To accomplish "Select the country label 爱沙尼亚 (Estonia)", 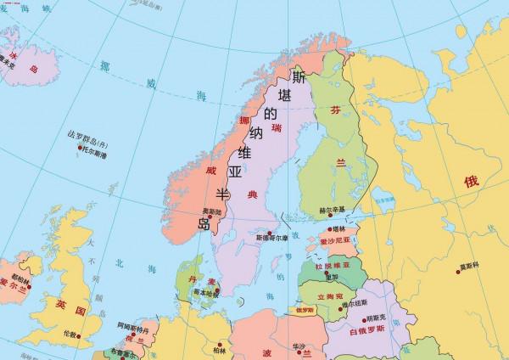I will click(x=334, y=242).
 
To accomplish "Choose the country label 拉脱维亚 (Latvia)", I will click(x=333, y=267).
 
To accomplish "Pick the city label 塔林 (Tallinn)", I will click(x=339, y=229).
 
